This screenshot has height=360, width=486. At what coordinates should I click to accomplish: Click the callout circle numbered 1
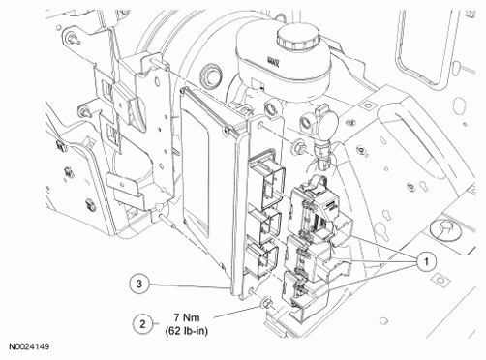[426, 261]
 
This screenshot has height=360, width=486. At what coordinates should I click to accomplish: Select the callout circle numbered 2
[143, 324]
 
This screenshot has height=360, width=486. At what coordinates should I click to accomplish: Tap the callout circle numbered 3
[139, 285]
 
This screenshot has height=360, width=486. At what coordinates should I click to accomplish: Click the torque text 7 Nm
[187, 317]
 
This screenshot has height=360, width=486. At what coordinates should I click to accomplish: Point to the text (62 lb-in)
[186, 331]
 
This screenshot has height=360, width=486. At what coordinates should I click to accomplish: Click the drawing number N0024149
[29, 347]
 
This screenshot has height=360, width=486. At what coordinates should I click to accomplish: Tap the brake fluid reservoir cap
[297, 38]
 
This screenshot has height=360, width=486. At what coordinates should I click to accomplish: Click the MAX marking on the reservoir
[273, 62]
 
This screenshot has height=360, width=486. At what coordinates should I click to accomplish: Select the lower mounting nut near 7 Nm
[267, 303]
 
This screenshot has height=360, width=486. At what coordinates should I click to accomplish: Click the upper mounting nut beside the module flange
[296, 147]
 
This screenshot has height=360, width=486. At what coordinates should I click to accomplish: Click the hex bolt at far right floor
[446, 229]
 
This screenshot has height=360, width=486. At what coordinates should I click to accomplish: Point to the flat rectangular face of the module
[196, 167]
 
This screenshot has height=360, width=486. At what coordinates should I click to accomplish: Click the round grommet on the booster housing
[210, 76]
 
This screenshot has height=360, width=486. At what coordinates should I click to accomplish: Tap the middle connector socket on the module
[264, 223]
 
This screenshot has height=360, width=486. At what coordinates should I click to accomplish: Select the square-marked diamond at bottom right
[440, 281]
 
